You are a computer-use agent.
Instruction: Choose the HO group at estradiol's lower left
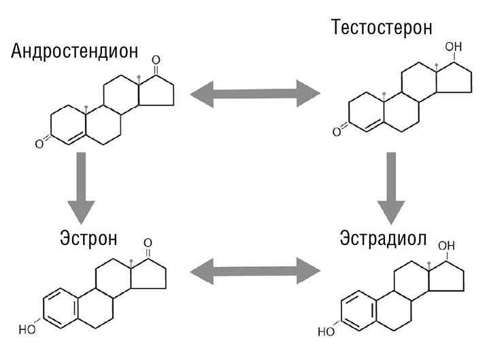[326, 332]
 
